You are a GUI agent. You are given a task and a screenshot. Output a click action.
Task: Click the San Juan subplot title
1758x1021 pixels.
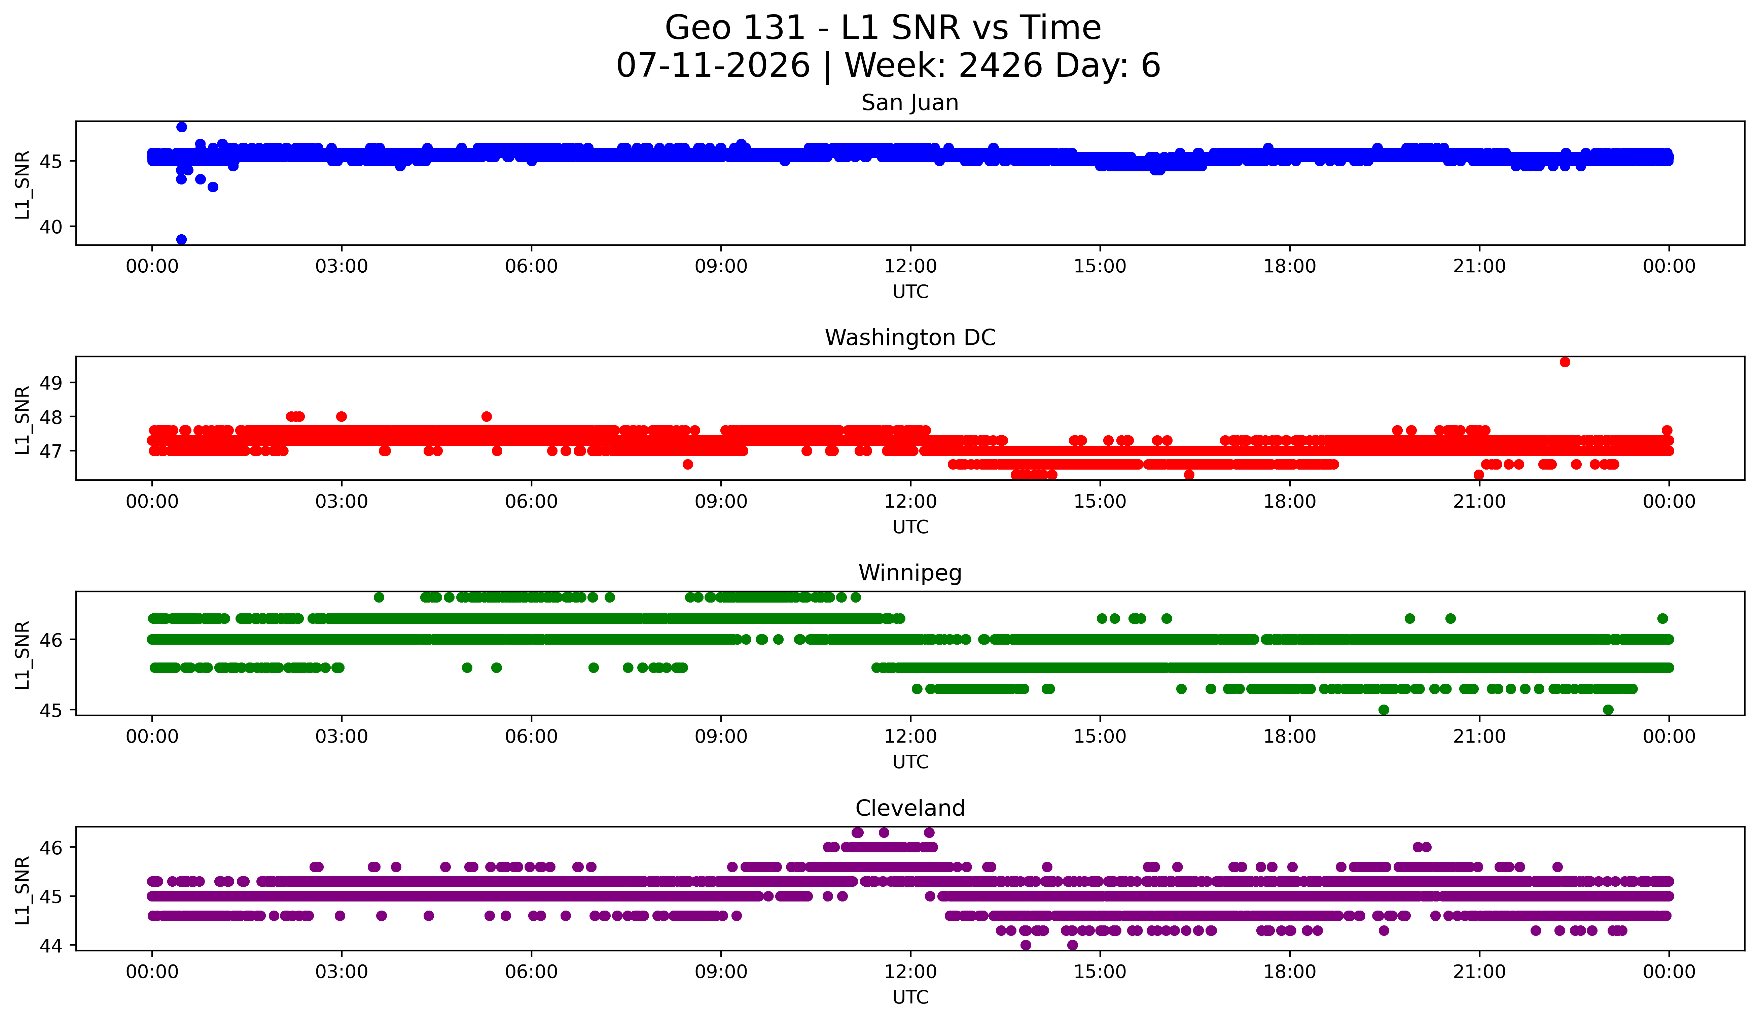point(910,103)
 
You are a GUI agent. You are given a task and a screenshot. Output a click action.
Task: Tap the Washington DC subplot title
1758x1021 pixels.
point(910,338)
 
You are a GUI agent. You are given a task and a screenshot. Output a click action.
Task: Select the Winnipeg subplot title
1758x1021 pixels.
point(910,573)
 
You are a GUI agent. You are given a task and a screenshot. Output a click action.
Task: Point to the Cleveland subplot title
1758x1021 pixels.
point(910,808)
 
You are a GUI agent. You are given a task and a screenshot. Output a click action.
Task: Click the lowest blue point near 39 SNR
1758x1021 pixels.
point(181,239)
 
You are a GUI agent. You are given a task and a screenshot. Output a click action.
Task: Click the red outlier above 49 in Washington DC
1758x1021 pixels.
point(1565,362)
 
